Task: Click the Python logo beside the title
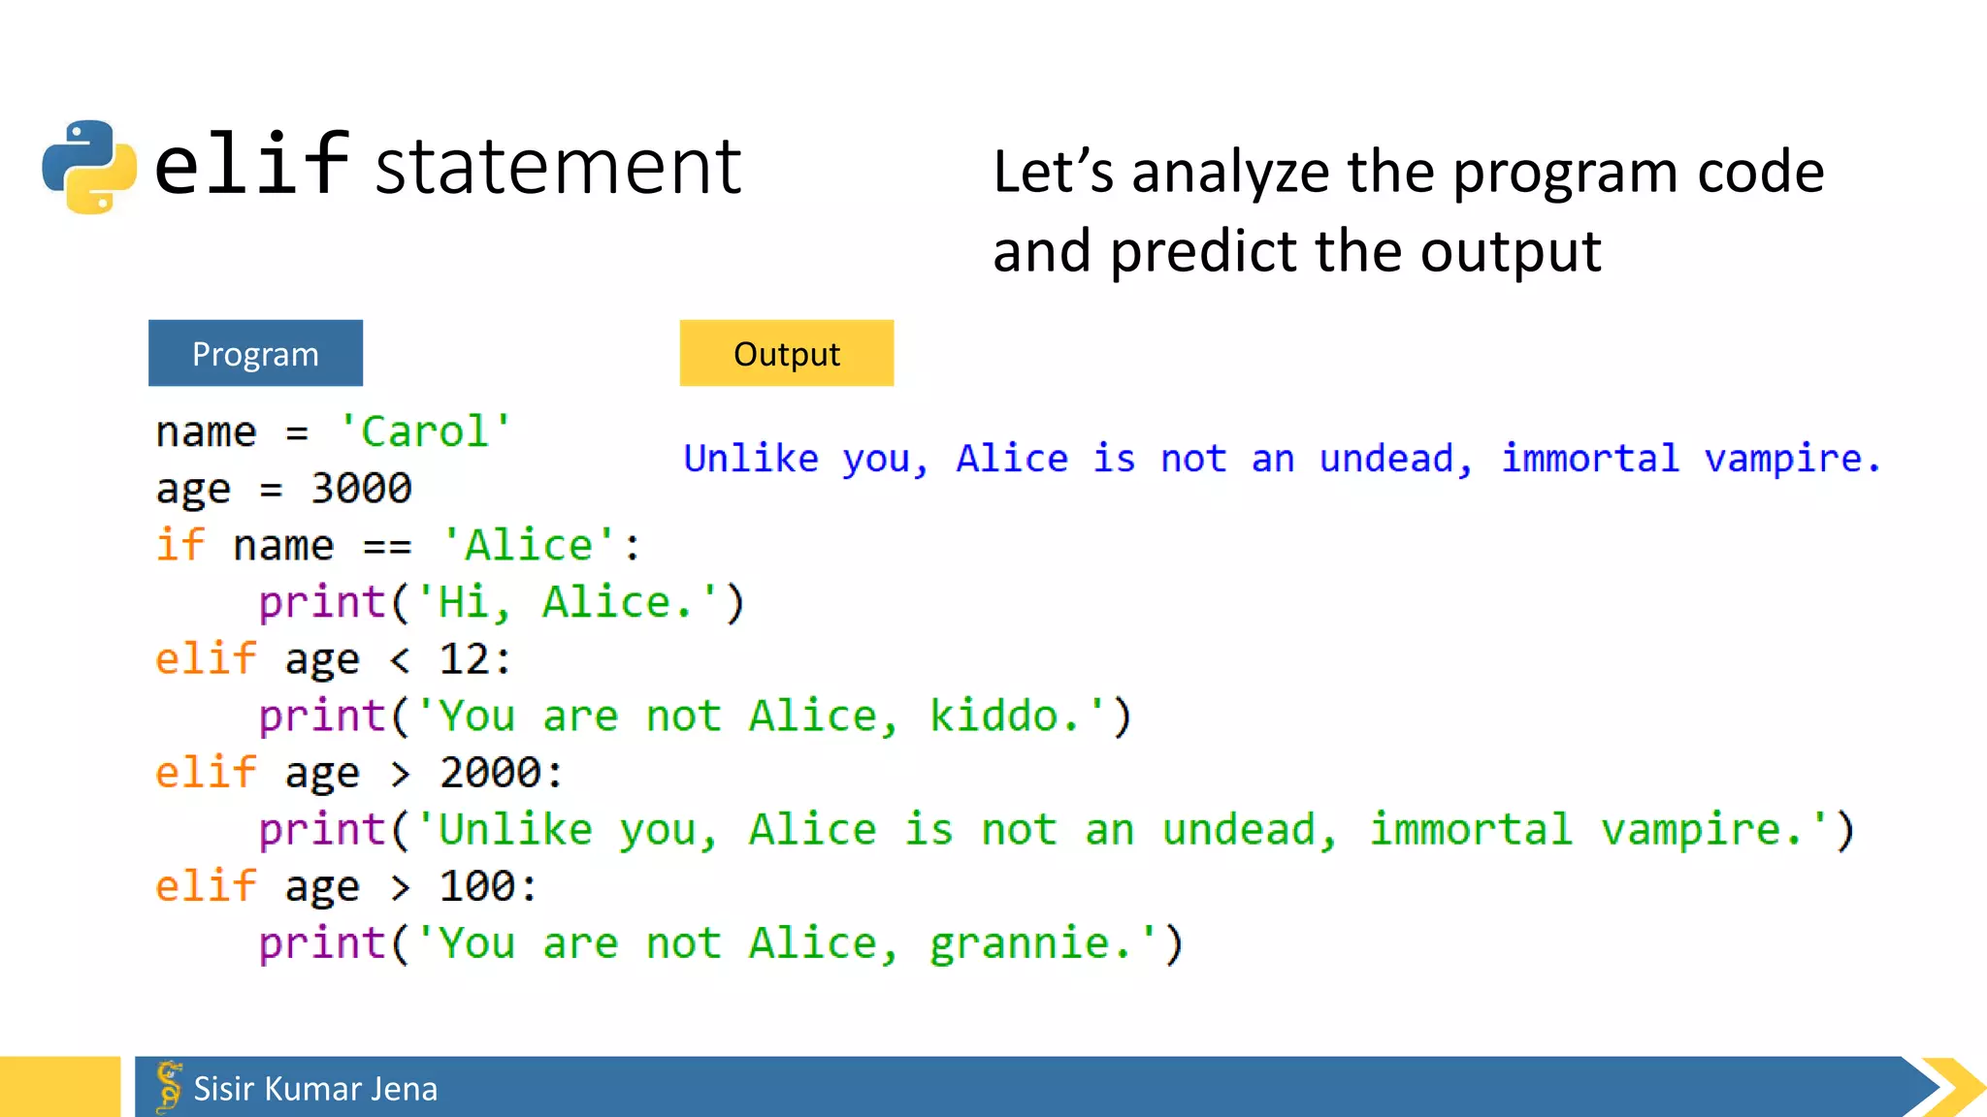(89, 167)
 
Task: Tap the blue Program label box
(255, 353)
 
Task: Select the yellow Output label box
(786, 353)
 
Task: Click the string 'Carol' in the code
(425, 431)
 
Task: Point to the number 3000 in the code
(361, 488)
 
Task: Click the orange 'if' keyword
(180, 545)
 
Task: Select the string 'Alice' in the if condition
(529, 545)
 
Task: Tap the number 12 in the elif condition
(464, 659)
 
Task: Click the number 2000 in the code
(490, 773)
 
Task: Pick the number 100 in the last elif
(476, 886)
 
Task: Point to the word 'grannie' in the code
(1019, 943)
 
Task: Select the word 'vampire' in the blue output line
(1783, 459)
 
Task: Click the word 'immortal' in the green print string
(1470, 830)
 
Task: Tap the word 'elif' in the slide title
(251, 165)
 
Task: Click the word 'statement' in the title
(558, 167)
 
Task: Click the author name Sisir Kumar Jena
(315, 1089)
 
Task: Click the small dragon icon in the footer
(169, 1086)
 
